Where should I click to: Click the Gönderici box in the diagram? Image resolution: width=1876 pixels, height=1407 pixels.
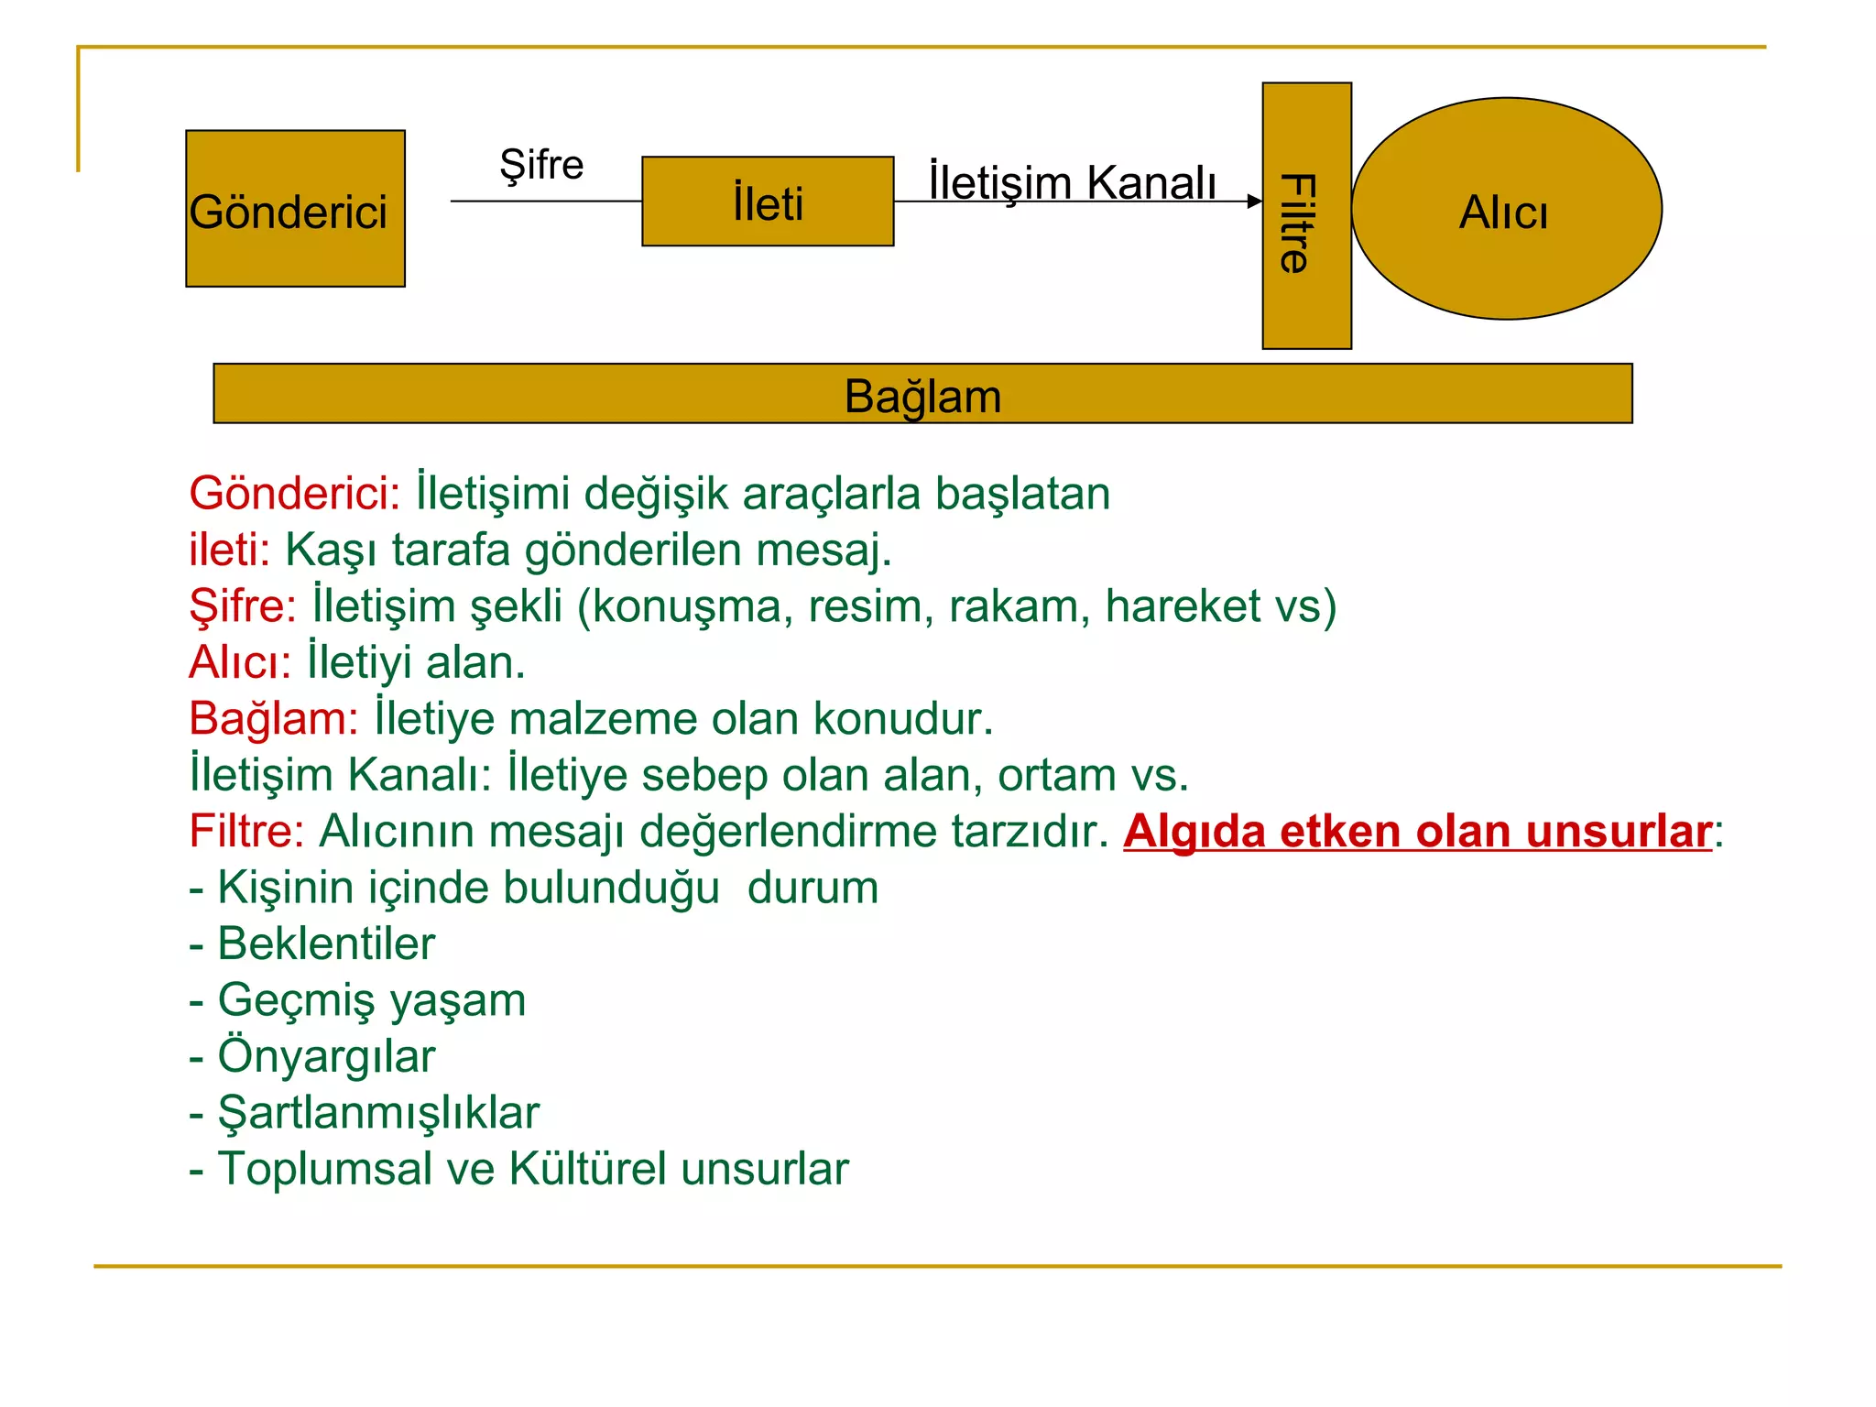click(295, 209)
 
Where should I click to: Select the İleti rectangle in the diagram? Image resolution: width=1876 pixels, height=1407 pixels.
click(768, 202)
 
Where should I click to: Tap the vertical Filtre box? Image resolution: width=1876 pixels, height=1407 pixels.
click(1306, 216)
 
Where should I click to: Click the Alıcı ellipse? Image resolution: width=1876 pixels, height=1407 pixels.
click(1507, 210)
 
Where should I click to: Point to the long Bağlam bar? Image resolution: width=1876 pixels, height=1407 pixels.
click(922, 394)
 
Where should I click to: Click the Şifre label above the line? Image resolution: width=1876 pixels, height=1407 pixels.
click(541, 166)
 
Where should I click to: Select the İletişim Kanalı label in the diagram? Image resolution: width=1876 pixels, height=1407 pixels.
click(1073, 182)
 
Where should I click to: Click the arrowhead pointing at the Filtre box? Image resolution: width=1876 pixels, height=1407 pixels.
click(1255, 202)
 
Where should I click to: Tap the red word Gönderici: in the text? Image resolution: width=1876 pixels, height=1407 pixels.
click(294, 494)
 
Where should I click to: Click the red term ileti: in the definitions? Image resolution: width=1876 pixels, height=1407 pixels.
click(229, 551)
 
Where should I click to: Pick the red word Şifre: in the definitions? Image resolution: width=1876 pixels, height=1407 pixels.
click(243, 607)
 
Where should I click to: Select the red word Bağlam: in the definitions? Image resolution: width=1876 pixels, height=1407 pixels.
click(273, 719)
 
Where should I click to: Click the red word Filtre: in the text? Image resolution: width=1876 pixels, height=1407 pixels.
click(246, 832)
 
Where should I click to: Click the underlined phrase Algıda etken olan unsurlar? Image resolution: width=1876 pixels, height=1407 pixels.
click(1417, 832)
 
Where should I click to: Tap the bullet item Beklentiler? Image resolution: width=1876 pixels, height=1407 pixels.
click(325, 944)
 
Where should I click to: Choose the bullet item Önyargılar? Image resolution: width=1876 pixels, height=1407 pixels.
click(325, 1057)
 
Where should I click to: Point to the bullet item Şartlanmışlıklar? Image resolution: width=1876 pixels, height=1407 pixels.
click(377, 1113)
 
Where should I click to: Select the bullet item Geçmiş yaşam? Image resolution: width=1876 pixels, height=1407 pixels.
click(371, 1000)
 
